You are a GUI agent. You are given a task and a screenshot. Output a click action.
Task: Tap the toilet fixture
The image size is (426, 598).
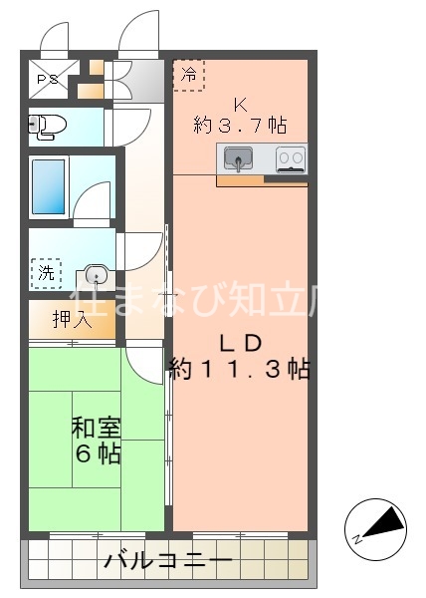tap(46, 126)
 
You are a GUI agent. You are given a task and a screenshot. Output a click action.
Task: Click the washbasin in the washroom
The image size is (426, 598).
tap(96, 274)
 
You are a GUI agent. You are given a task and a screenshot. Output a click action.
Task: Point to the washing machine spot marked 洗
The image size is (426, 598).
tap(46, 272)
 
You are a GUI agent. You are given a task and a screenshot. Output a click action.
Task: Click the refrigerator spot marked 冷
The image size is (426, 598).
tap(188, 73)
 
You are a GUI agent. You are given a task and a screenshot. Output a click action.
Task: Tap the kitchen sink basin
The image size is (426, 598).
tap(239, 157)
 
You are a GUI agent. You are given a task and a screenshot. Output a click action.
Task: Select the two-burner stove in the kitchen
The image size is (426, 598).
tap(291, 157)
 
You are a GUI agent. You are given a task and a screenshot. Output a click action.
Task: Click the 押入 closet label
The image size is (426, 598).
tap(72, 319)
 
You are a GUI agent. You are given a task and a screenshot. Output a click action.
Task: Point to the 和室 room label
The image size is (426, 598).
tap(96, 429)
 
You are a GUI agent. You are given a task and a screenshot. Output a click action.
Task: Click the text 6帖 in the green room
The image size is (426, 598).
tap(96, 453)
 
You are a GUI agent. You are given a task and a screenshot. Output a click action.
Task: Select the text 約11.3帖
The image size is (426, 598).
tap(239, 370)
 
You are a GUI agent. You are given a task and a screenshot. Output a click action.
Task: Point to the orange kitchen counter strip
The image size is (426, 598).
tap(261, 181)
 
